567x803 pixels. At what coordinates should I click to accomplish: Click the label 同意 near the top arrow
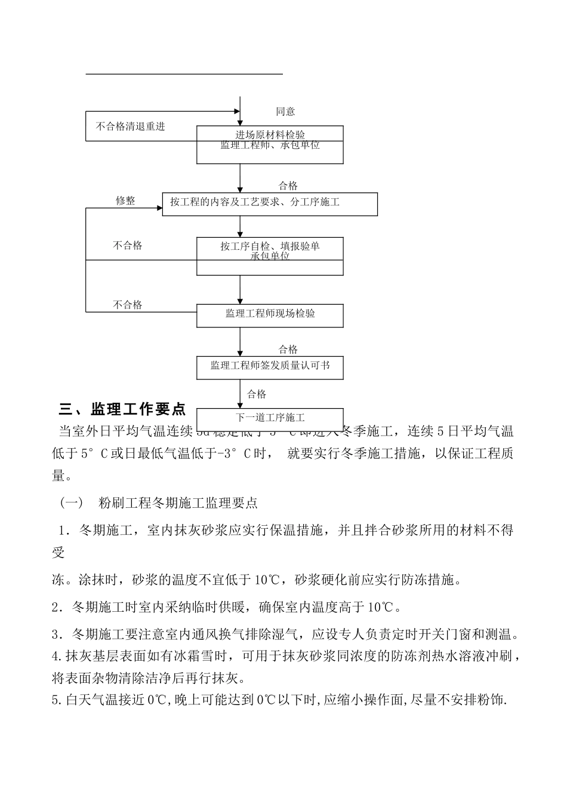tap(285, 112)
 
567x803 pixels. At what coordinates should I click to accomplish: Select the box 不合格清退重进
tap(131, 127)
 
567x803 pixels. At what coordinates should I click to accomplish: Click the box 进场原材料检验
tap(270, 135)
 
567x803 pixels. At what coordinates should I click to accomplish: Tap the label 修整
tap(125, 201)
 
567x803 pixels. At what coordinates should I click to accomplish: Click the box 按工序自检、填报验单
tap(270, 246)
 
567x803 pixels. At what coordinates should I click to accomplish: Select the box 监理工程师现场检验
tap(270, 314)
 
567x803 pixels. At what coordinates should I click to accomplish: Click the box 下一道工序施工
tap(270, 418)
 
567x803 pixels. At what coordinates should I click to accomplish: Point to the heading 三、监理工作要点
tap(122, 409)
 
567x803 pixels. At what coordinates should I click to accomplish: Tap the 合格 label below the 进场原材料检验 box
tap(288, 186)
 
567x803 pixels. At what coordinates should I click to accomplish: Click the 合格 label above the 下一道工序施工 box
tap(257, 394)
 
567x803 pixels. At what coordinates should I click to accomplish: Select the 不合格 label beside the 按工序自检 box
tap(128, 246)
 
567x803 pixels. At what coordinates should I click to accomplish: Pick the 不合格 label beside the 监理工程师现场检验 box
tap(128, 305)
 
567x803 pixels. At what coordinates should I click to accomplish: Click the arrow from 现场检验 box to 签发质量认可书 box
tap(240, 342)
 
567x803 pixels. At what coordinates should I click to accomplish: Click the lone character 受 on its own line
tap(58, 553)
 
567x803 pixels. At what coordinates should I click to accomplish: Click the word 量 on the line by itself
tap(58, 476)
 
